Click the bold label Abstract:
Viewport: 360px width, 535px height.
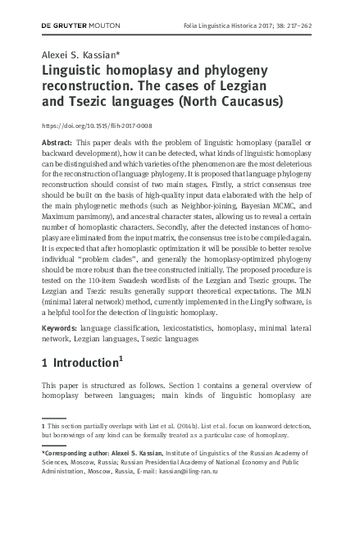tap(57, 143)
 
